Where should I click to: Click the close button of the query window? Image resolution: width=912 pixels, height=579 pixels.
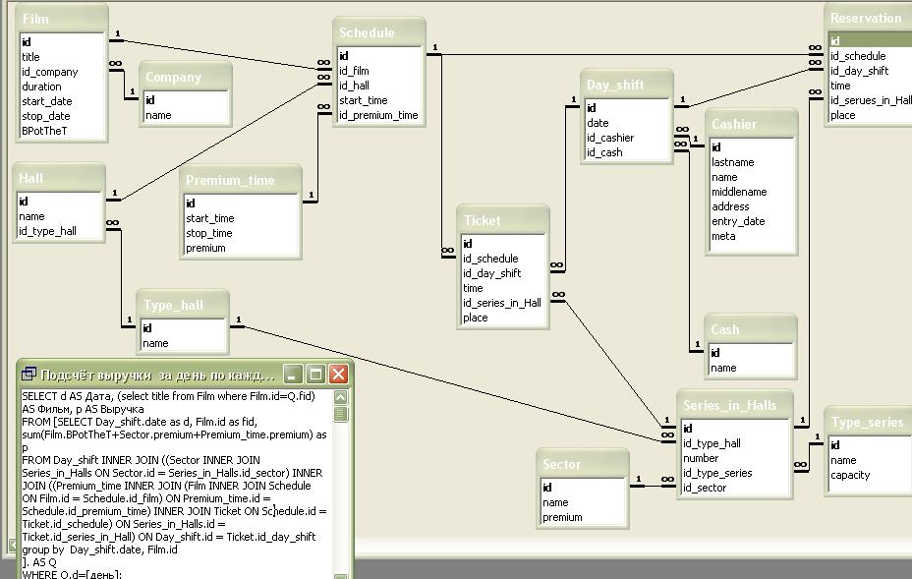coord(338,375)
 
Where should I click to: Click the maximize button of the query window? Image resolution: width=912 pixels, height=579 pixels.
coord(315,375)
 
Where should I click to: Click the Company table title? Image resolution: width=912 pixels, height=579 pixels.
coord(173,78)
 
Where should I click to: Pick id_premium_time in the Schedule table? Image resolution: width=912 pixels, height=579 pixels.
coord(378,115)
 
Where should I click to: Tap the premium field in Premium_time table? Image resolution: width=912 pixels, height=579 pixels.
coord(205,248)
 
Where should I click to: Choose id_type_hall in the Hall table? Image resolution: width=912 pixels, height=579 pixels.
coord(47,231)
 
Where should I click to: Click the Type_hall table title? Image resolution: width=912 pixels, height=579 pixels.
coord(174,305)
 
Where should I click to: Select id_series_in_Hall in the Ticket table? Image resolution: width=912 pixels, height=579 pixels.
coord(501,303)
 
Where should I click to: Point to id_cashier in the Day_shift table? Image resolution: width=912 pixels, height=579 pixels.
coord(610,138)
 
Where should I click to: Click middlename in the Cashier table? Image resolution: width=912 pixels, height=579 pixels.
coord(739,192)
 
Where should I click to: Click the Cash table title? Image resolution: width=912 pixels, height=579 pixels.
coord(725,329)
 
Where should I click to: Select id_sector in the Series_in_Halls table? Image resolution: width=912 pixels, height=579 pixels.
coord(706,488)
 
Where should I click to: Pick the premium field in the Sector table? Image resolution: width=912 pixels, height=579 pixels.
coord(563,517)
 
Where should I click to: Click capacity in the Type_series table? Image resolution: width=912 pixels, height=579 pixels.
coord(850,475)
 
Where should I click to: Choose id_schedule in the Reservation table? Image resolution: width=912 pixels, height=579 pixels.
coord(858,56)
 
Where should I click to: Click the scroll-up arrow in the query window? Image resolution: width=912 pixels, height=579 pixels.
coord(341,397)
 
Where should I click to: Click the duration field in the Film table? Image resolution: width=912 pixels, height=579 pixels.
coord(42,87)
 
